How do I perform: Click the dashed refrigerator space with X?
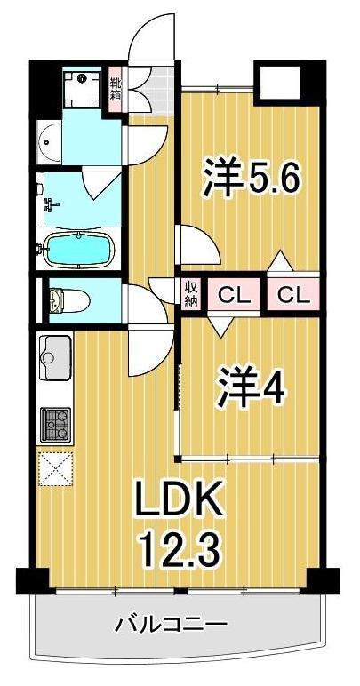tap(55, 467)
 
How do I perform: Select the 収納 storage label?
tap(191, 293)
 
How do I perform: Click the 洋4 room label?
tap(251, 388)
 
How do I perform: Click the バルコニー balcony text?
tap(177, 623)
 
